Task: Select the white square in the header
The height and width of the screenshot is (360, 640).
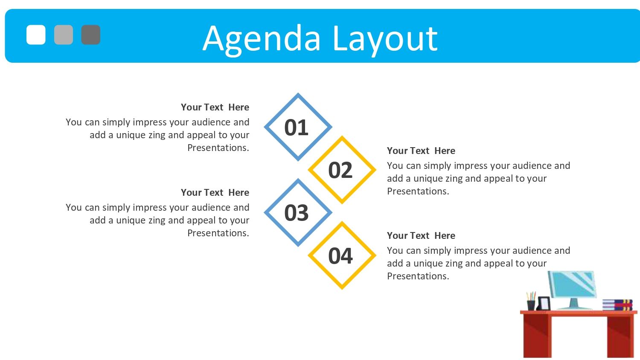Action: [36, 35]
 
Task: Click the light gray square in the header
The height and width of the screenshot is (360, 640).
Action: [64, 35]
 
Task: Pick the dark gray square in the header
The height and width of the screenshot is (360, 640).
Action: [91, 35]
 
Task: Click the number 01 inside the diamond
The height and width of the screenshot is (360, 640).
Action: [296, 128]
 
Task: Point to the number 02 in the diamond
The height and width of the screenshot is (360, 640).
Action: [340, 170]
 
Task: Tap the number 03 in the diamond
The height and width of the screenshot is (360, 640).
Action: [296, 213]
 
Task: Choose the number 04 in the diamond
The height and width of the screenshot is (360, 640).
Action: [340, 256]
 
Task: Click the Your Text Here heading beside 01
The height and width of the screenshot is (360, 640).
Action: [215, 107]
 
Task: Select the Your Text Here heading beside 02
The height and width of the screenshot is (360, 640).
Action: [421, 151]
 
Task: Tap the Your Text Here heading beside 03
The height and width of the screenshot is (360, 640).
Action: [215, 192]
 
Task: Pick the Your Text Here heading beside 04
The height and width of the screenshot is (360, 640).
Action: [421, 236]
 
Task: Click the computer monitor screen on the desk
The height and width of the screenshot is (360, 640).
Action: [572, 284]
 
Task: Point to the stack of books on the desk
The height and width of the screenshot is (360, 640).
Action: [617, 305]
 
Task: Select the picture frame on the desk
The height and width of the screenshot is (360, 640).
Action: [544, 303]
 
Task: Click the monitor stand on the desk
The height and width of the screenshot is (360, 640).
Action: [574, 304]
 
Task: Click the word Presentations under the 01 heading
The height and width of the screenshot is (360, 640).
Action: [218, 148]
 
